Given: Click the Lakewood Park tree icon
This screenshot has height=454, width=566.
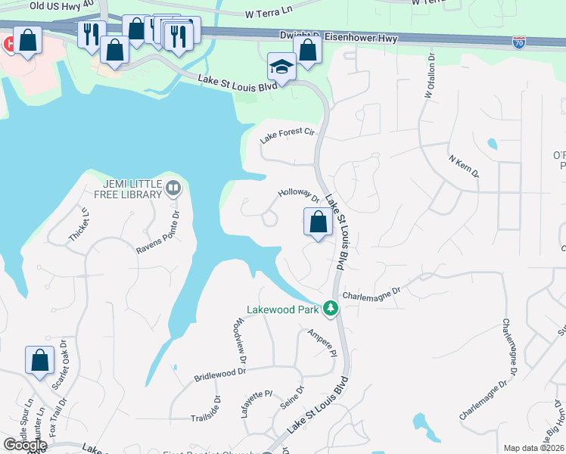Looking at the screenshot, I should point(330,309).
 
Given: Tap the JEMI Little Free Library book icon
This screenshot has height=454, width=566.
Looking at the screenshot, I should point(174,188).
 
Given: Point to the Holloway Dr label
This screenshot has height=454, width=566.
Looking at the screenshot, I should point(300,196).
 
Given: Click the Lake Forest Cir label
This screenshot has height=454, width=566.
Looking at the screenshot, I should point(287,135).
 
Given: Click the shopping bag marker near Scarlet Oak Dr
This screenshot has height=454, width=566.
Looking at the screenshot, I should point(39,361).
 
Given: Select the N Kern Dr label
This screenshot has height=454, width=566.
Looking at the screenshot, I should point(464,166).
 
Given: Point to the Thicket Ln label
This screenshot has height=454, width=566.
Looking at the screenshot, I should point(79,225).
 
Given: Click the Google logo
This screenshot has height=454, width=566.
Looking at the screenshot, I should point(24,445).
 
